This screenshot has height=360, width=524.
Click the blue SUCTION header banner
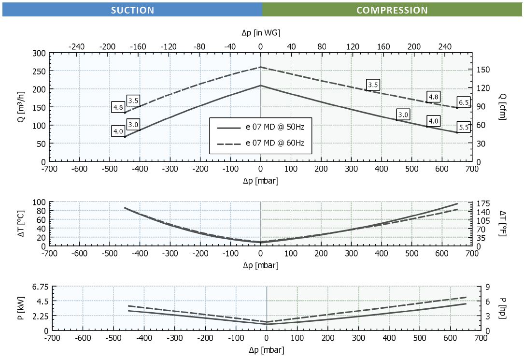tap(132, 10)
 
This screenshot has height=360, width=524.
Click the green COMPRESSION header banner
tap(392, 10)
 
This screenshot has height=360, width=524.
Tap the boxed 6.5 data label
tap(464, 102)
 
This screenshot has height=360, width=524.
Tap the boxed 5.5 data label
tap(464, 128)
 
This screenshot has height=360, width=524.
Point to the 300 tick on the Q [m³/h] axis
tap(39, 53)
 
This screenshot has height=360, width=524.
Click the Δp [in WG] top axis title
tap(261, 32)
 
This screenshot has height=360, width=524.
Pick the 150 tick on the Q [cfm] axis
tap(483, 70)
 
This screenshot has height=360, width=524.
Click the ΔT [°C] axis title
tap(20, 224)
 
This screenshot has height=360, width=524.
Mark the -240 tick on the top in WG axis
tap(77, 47)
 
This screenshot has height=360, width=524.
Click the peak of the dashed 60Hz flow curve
tap(261, 67)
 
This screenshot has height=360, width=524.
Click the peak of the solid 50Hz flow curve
tap(261, 86)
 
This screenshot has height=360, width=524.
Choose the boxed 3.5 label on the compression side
tap(372, 85)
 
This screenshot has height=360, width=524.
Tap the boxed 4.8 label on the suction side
tap(118, 107)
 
